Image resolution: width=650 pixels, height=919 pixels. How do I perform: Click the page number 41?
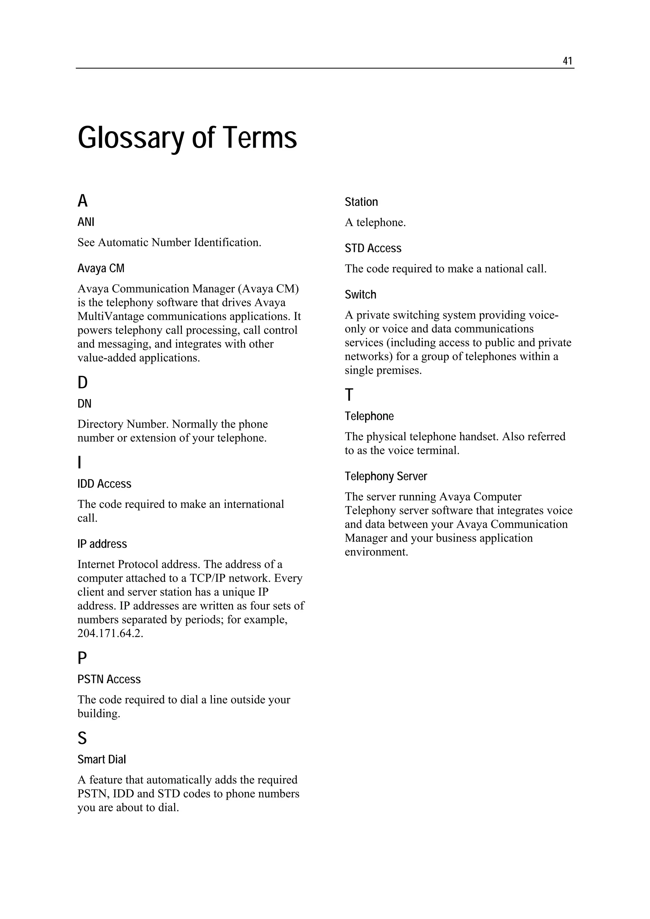(567, 61)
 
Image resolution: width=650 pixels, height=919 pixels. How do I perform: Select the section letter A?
(83, 201)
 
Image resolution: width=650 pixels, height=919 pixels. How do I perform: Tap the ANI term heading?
(86, 222)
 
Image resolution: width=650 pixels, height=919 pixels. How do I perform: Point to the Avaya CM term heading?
(101, 268)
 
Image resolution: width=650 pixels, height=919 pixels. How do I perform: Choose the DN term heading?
(84, 404)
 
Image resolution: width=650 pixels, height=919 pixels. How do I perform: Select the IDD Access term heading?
(104, 484)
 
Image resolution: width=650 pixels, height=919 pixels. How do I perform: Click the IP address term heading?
(102, 544)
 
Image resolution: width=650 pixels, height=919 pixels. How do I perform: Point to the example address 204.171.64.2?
(110, 633)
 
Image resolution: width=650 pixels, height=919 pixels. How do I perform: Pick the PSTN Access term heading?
(109, 679)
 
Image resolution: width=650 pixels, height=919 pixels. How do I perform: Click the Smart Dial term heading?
(102, 760)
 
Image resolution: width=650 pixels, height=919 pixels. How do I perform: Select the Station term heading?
(361, 202)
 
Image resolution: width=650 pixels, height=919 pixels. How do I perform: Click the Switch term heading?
(361, 295)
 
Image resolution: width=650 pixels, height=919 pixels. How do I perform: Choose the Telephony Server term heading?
(386, 476)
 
